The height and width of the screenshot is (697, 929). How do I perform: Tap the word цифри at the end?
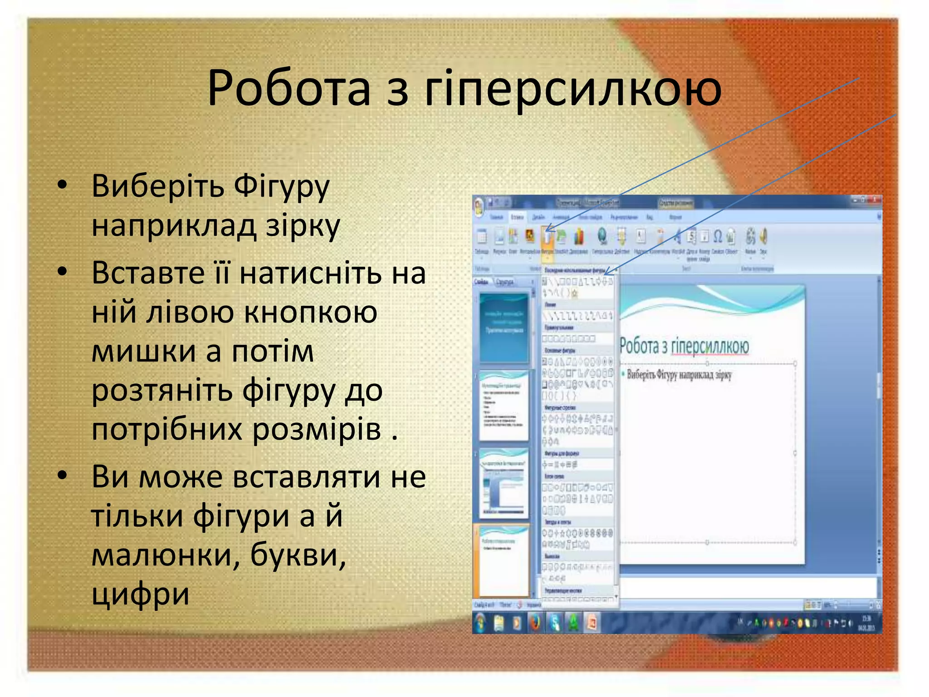[140, 594]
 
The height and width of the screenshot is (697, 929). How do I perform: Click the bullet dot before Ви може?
[62, 476]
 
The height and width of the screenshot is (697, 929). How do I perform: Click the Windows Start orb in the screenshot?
[480, 623]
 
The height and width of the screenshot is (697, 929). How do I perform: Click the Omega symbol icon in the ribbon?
[718, 236]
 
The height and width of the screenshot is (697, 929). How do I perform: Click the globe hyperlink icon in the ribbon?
[602, 236]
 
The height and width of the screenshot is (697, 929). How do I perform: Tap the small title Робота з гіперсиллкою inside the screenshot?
[684, 347]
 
